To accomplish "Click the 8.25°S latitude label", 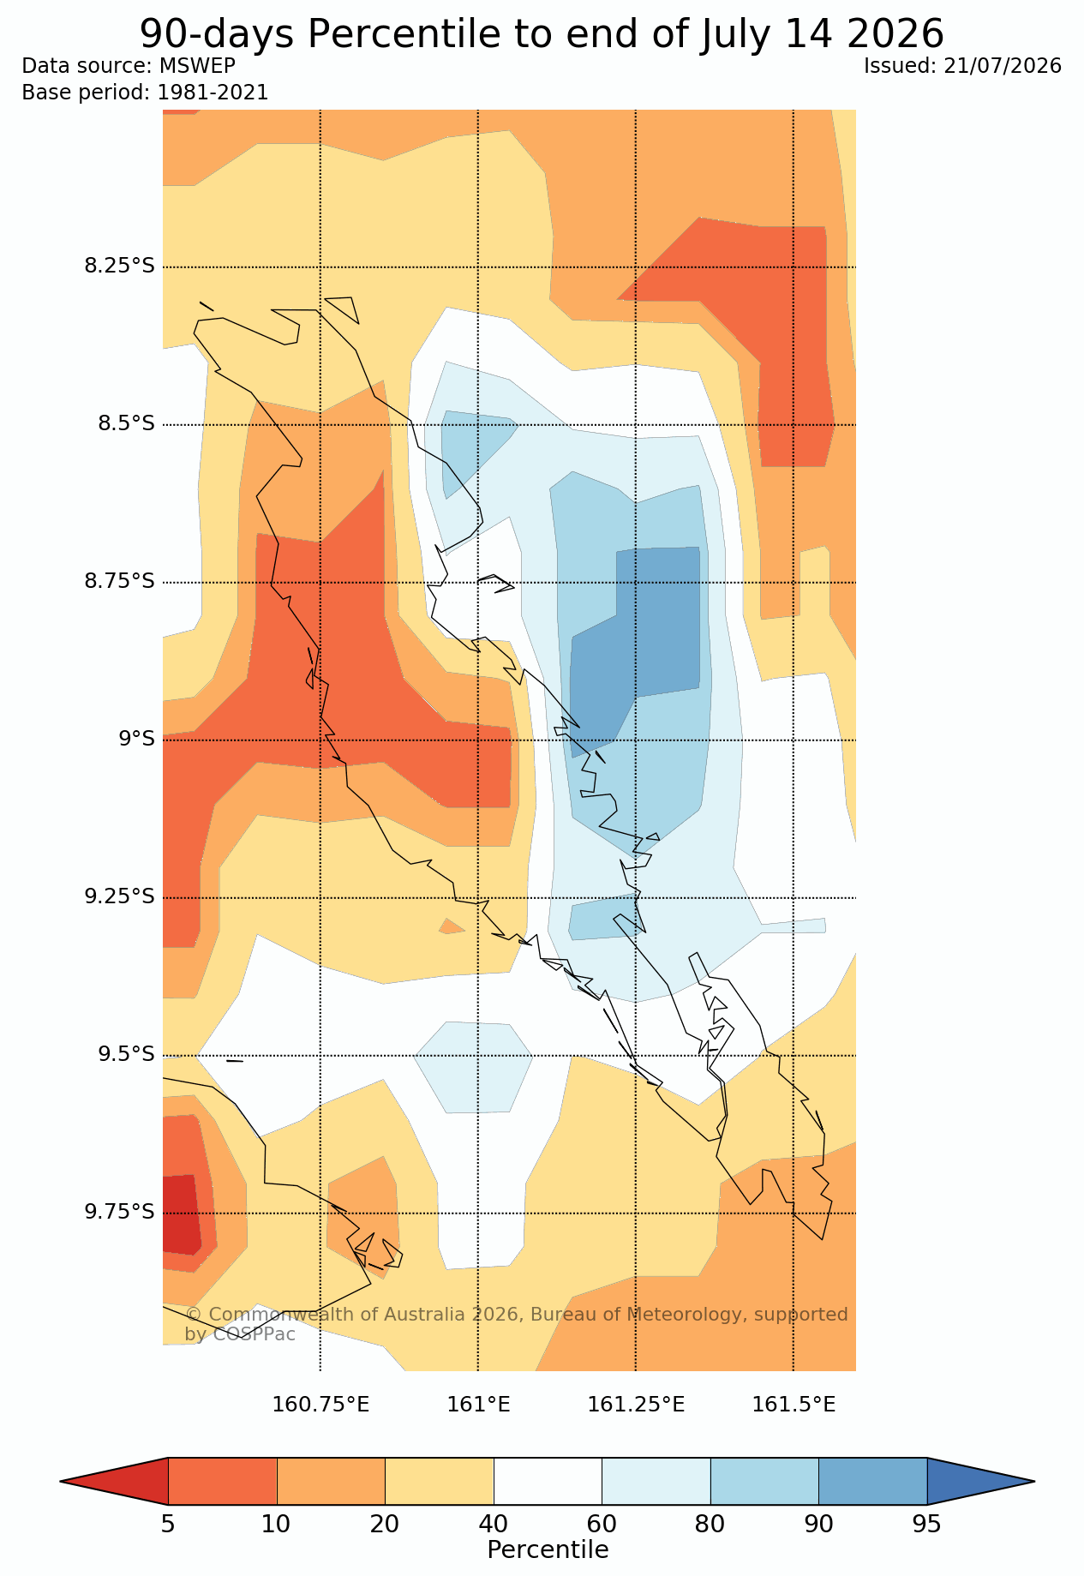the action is tap(119, 266).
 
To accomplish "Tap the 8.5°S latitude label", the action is tap(126, 423).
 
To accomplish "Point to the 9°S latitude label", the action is tap(136, 739).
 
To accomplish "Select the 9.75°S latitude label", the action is tap(119, 1212).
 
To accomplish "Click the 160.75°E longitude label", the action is tap(320, 1405).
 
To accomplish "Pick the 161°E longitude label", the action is tap(478, 1405).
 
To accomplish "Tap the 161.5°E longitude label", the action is tap(794, 1405).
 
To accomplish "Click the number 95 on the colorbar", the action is tap(927, 1525).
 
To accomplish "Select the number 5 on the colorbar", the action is tap(168, 1525).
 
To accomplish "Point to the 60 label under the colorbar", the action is tap(602, 1525).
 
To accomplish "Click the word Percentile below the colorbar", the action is tap(548, 1550).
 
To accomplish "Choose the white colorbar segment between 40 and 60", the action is tap(548, 1481).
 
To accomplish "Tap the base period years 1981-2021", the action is tap(213, 93).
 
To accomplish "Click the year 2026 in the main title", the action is tap(895, 34).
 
